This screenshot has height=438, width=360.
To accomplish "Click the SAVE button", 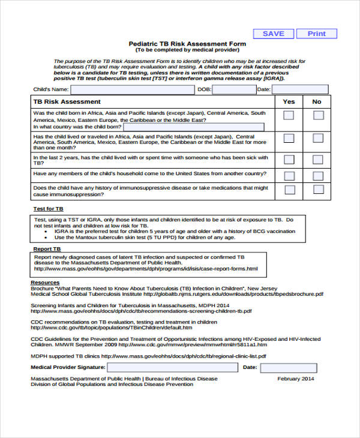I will click(x=274, y=34).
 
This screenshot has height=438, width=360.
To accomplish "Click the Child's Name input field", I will click(x=132, y=89).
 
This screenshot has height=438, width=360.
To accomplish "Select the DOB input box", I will click(x=234, y=89).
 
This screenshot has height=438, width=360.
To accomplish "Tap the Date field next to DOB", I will click(x=300, y=89).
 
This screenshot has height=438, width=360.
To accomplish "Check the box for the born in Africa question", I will click(x=289, y=116).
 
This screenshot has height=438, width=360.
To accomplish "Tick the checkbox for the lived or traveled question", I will click(x=289, y=138).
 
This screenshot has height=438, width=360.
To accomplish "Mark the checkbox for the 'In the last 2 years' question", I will click(x=289, y=160).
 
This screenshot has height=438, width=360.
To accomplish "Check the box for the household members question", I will click(x=289, y=176).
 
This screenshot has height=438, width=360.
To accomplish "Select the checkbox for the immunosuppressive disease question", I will click(x=289, y=190).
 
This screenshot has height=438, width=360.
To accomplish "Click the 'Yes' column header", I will click(x=289, y=102).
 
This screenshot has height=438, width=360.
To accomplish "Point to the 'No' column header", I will click(x=317, y=102).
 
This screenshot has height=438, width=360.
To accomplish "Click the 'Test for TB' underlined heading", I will click(x=48, y=209).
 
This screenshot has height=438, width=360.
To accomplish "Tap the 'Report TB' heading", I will click(x=47, y=248).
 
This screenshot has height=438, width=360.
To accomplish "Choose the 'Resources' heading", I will click(x=45, y=281).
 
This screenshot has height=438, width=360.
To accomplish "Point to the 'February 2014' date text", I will click(x=295, y=379).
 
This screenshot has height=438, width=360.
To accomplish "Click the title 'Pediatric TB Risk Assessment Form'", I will click(x=187, y=44).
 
